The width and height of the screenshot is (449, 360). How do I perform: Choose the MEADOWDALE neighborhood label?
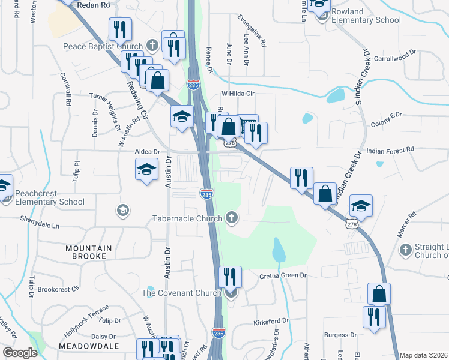88,346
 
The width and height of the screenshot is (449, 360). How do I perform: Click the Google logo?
20,353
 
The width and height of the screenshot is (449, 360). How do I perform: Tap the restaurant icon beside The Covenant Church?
230,277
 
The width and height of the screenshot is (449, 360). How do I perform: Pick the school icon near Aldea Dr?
146,169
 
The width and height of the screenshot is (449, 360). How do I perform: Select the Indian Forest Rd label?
390,149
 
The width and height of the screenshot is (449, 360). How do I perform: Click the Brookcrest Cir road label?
58,289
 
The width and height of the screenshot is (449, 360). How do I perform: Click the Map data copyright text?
423,355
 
